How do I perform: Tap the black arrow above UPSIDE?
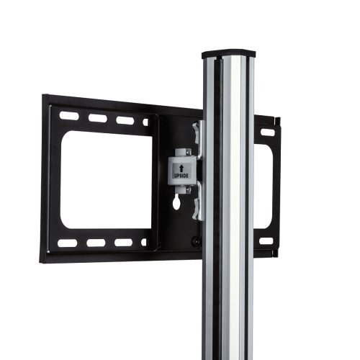tap(180, 165)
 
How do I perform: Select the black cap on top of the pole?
tap(228, 53)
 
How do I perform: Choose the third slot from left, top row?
tap(125, 120)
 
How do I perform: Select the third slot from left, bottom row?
tap(123, 242)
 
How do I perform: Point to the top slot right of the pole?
tap(267, 132)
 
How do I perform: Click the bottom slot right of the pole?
tap(266, 240)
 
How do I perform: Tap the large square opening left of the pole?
tap(106, 181)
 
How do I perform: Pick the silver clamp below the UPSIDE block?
tap(197, 206)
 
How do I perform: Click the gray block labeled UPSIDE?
tap(180, 171)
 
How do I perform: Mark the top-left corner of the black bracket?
tap(44, 96)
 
